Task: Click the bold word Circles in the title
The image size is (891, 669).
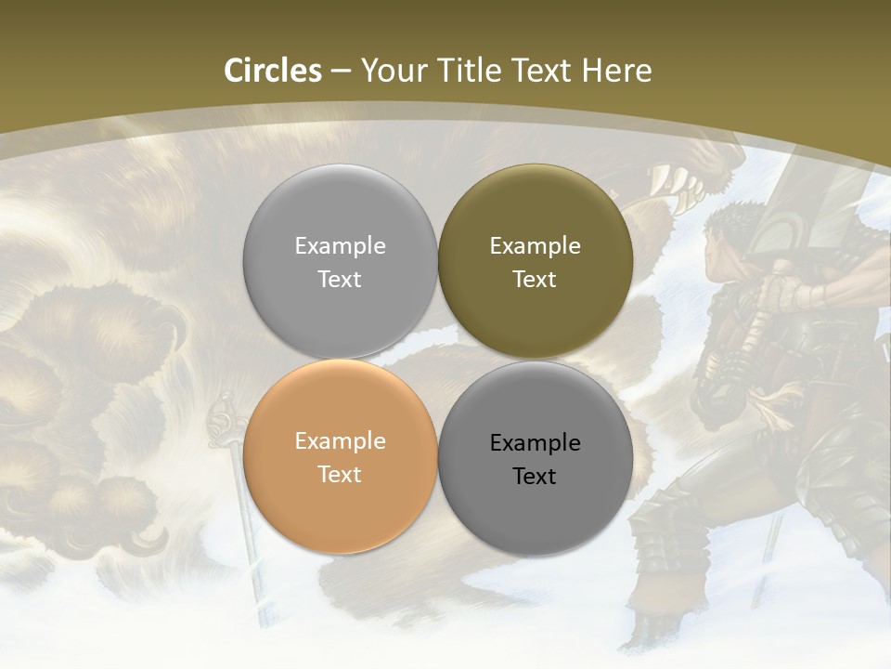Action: [x=273, y=71]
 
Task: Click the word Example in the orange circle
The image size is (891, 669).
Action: [x=340, y=441]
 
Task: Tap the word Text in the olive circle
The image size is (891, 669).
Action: [x=535, y=280]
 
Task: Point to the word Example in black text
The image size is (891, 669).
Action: [x=535, y=443]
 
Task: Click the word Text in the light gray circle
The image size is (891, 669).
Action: [x=340, y=280]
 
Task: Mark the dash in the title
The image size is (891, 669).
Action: [x=341, y=72]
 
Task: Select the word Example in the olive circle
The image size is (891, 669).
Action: [x=535, y=246]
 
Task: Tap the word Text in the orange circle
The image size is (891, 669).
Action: [x=340, y=475]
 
